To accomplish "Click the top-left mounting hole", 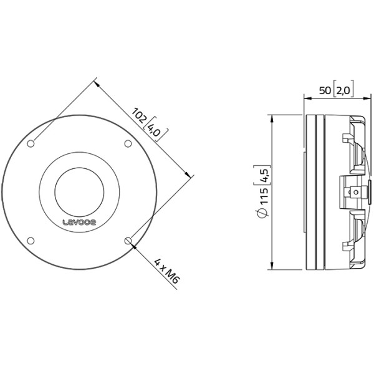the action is click(31, 143).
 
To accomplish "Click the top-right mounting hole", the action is click(128, 143).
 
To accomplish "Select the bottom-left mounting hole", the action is click(31, 241).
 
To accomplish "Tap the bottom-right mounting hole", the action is click(128, 241).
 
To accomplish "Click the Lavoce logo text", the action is click(79, 223).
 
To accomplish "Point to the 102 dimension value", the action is click(140, 115).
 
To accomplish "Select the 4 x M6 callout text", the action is click(166, 271).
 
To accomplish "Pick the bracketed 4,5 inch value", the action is click(264, 175).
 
